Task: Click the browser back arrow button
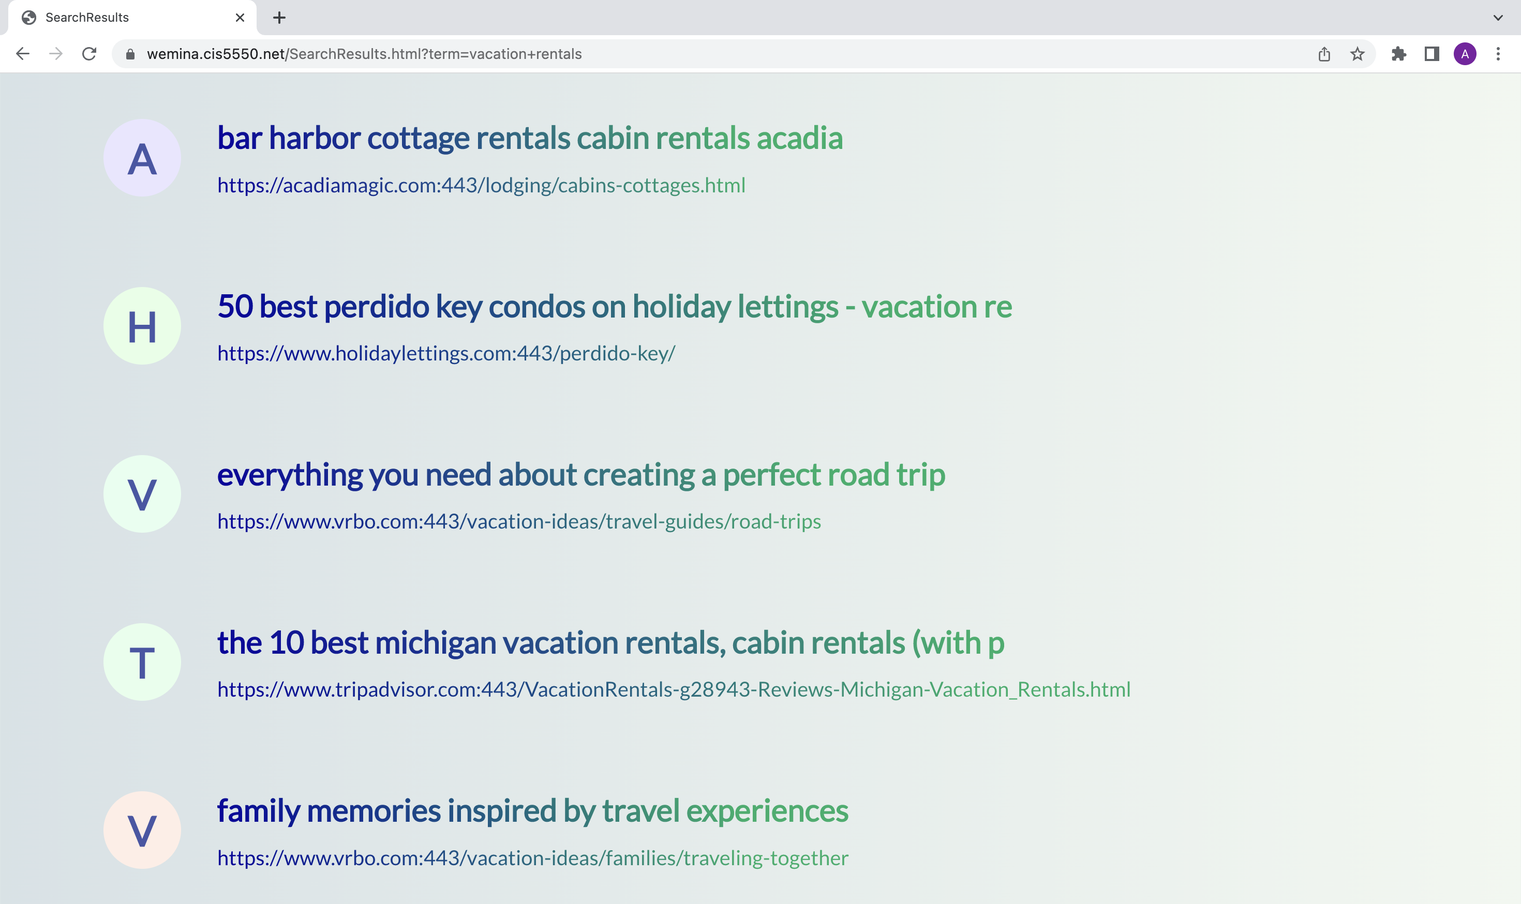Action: [x=23, y=54]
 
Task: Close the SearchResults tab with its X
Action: [x=240, y=18]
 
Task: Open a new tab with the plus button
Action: [x=279, y=18]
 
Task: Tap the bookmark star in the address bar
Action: [x=1357, y=54]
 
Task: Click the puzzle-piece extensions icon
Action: [x=1398, y=54]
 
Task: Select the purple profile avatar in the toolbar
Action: [x=1465, y=54]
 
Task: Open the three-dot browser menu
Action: [x=1498, y=54]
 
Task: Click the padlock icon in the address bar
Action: [x=130, y=54]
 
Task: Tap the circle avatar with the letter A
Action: [x=142, y=158]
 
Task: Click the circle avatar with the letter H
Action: [x=142, y=326]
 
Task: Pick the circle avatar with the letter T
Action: [x=142, y=662]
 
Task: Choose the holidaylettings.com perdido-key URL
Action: [x=446, y=353]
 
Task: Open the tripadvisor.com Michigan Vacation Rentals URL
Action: [x=674, y=689]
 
